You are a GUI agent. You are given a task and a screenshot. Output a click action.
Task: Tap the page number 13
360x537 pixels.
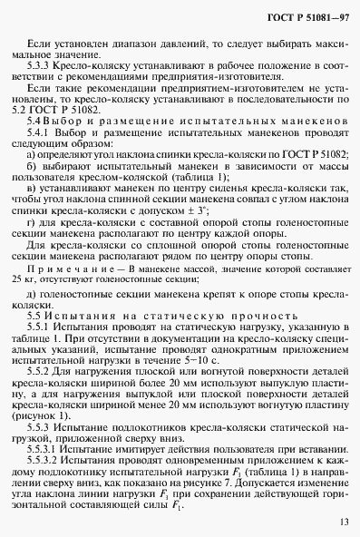pyautogui.click(x=340, y=521)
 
